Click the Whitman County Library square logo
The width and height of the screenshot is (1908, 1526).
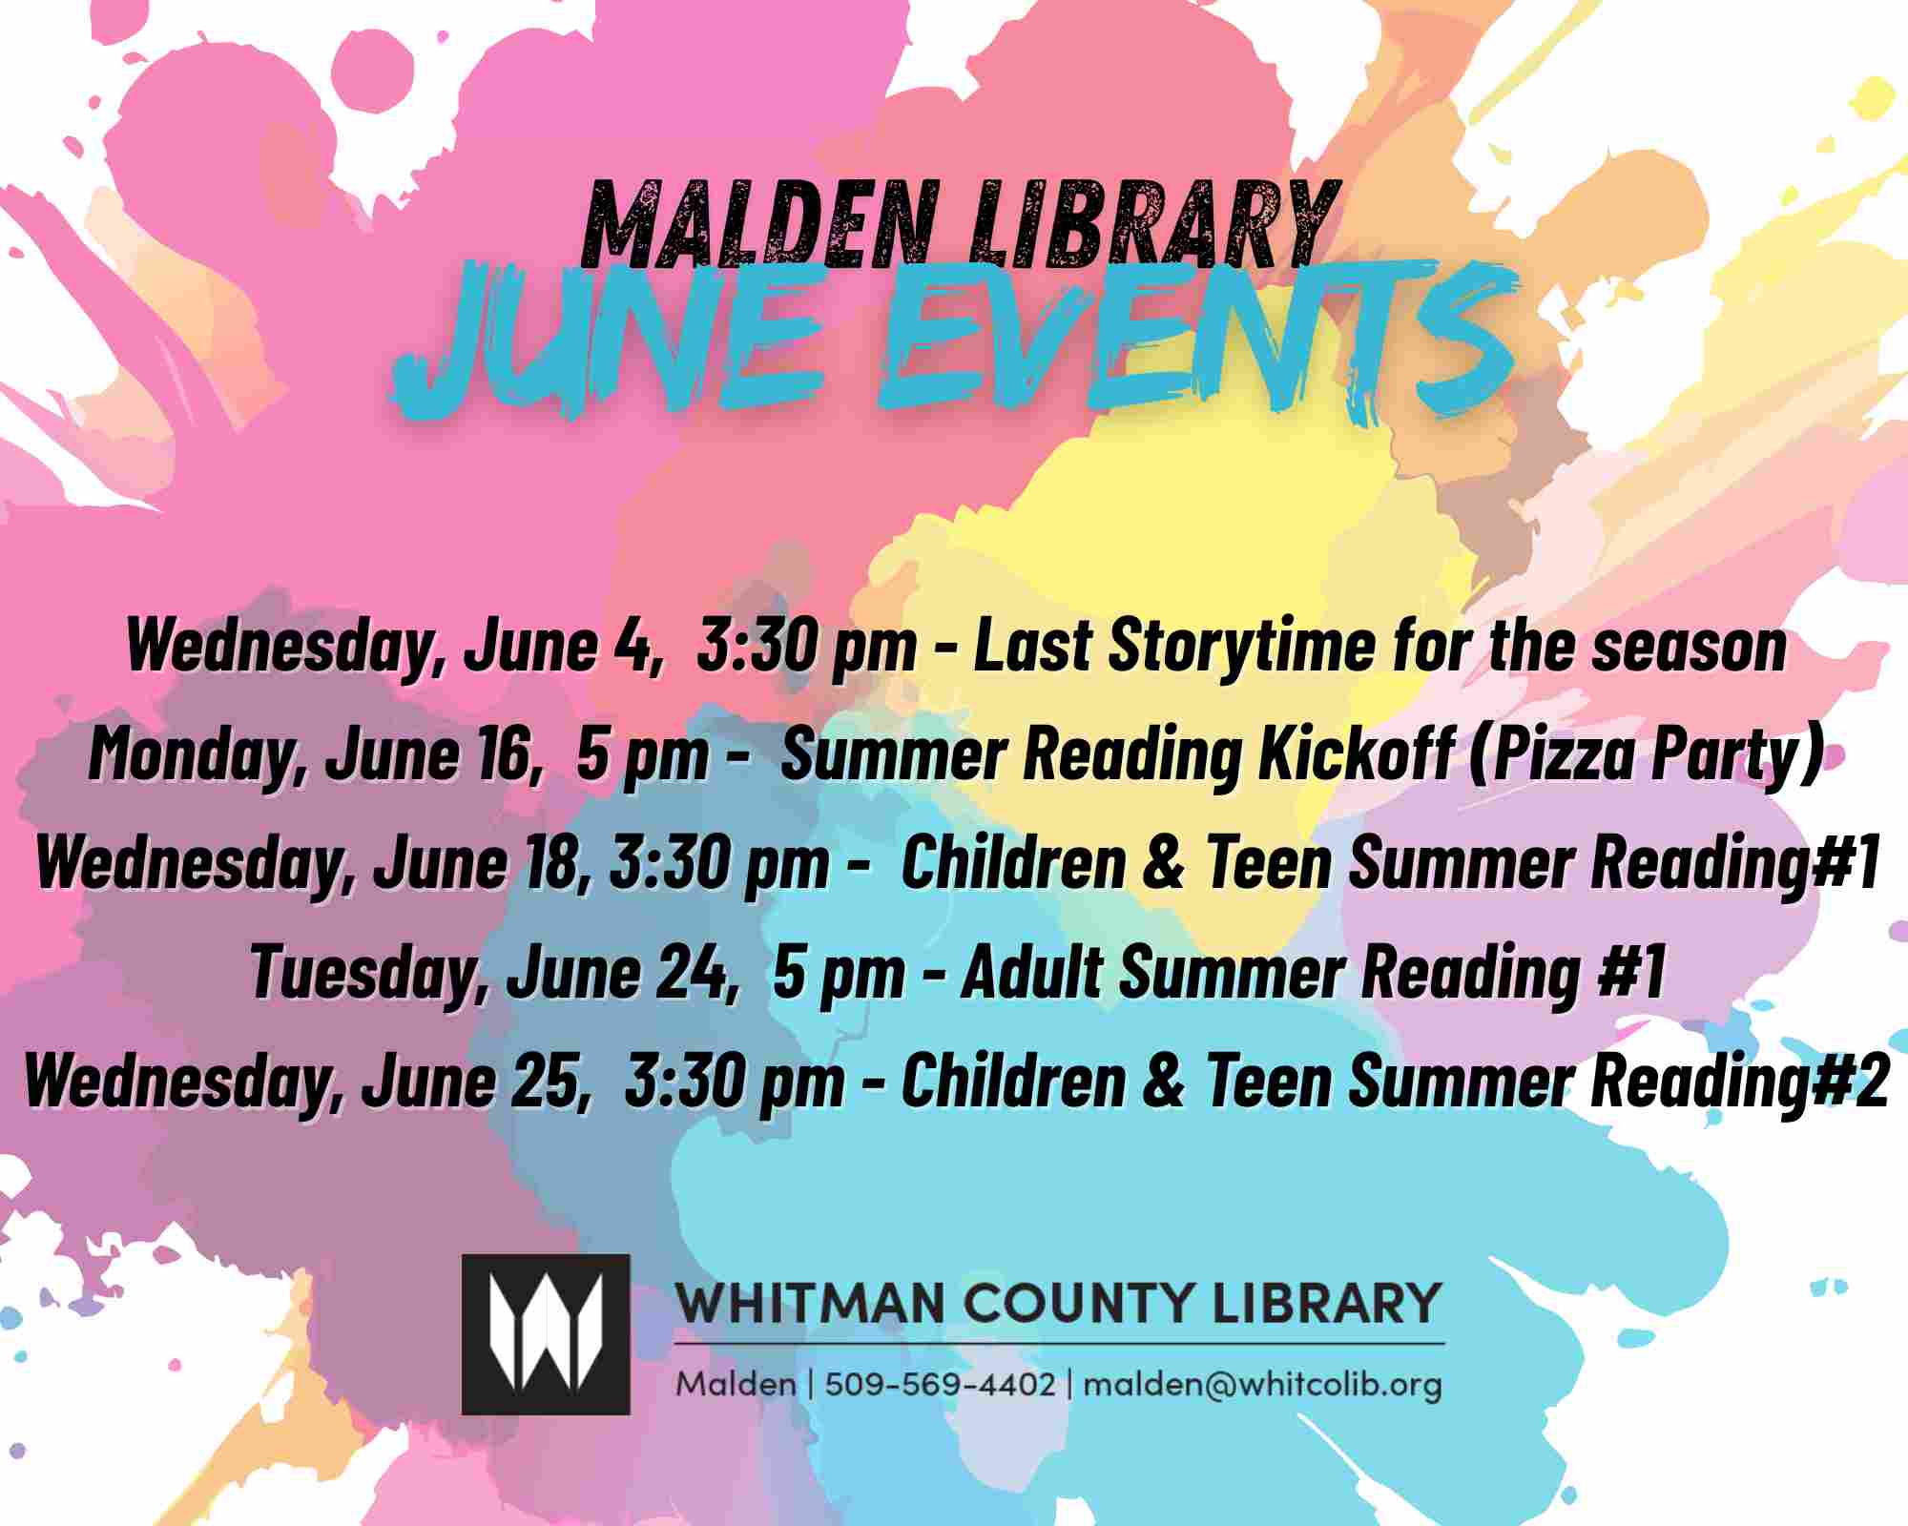(546, 1333)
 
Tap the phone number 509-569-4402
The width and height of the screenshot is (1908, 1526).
(940, 1384)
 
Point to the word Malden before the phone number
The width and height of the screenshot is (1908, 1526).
(736, 1384)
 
